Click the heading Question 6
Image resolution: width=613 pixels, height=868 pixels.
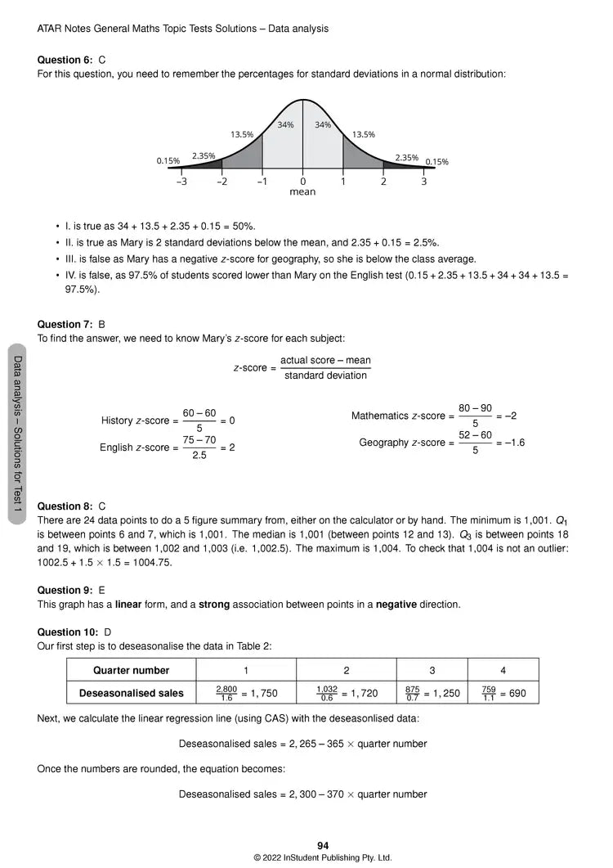pos(65,60)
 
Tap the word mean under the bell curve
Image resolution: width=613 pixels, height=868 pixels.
pos(302,192)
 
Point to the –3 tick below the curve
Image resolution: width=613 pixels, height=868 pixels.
pos(181,182)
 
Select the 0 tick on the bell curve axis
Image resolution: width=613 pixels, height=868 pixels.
pos(302,182)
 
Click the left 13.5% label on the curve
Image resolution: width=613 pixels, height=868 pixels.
pos(242,134)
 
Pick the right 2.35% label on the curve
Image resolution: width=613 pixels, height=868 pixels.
pos(406,157)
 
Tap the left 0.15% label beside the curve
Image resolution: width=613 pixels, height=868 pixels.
pos(168,161)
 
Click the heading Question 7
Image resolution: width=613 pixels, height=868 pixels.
pos(65,324)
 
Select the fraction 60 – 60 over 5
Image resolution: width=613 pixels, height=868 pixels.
pos(199,420)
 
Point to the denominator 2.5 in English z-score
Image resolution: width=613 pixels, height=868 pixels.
pos(199,455)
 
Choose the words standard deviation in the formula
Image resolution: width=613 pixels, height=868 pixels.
pos(325,376)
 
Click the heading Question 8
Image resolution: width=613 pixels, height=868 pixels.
pos(65,506)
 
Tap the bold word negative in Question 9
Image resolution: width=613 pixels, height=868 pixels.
pos(396,605)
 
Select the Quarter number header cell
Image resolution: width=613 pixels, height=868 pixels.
pos(131,670)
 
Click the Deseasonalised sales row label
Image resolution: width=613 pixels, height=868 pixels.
pos(131,693)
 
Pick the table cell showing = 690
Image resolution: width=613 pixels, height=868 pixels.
pos(502,693)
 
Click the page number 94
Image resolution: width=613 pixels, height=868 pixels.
pos(323,845)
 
